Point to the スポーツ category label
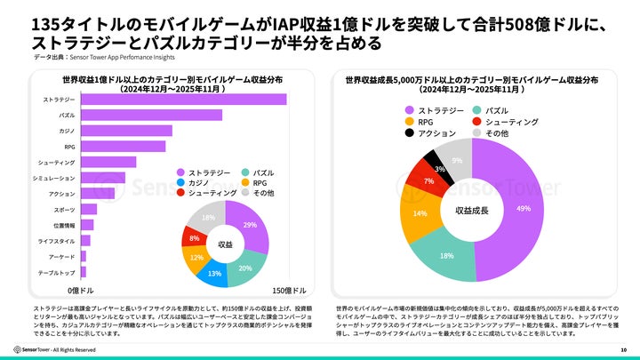coord(64,209)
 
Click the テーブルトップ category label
coord(57,272)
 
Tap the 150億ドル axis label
coord(289,291)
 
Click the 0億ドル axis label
coord(81,291)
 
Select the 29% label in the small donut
coord(250,225)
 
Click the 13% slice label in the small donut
coord(214,273)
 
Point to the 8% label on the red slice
coord(194,238)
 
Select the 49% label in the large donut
coord(524,208)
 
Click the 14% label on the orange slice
coord(420,213)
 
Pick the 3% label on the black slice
coord(439,168)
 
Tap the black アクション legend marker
coord(409,133)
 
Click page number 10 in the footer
coord(623,349)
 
